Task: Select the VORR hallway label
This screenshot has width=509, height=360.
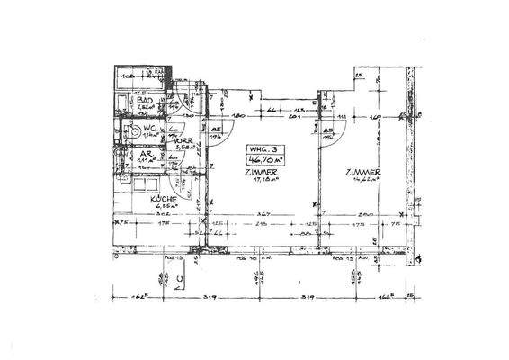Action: (183, 141)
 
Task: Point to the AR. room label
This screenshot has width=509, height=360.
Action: (142, 153)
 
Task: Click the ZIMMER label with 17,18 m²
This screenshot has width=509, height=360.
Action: (260, 171)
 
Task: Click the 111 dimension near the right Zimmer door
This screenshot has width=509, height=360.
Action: (344, 118)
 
